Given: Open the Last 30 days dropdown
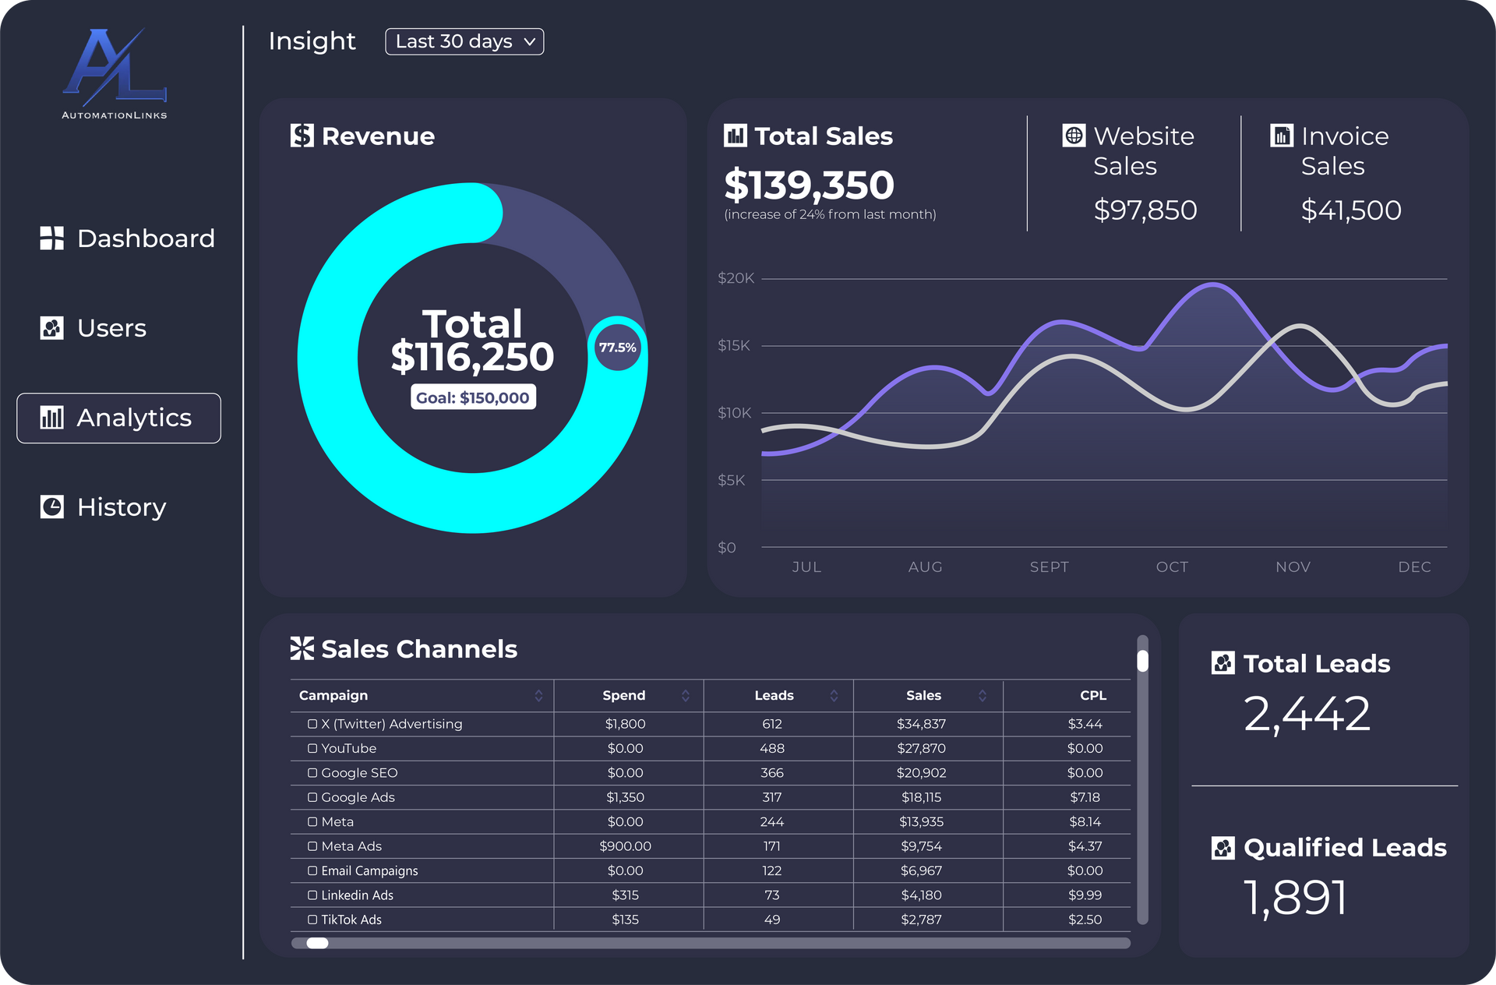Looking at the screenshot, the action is [464, 41].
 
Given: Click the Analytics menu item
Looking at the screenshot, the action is [118, 418].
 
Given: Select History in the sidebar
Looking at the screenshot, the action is [103, 507].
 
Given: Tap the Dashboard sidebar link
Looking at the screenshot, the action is [127, 238].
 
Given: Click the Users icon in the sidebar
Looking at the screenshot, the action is [51, 328].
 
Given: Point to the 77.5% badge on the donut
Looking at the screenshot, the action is [617, 348].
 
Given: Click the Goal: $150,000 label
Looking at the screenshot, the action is [473, 397].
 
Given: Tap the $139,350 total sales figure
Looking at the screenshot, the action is [809, 185].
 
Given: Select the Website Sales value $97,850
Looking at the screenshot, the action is [1145, 210].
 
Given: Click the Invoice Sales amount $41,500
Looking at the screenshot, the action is [1351, 210].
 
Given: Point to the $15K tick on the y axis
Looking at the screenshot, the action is [734, 345].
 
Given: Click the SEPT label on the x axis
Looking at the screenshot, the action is [1050, 567].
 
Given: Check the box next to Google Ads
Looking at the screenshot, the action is [312, 797].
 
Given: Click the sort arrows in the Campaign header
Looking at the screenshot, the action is [538, 695].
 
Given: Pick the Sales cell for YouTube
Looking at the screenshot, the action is [921, 748].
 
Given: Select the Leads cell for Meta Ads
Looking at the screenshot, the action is [772, 846].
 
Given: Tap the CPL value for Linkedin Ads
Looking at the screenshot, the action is [1085, 895].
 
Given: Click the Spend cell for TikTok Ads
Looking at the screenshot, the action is [625, 920].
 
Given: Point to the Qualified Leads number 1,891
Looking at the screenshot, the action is [1295, 898].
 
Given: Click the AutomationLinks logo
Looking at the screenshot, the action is [115, 74].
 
